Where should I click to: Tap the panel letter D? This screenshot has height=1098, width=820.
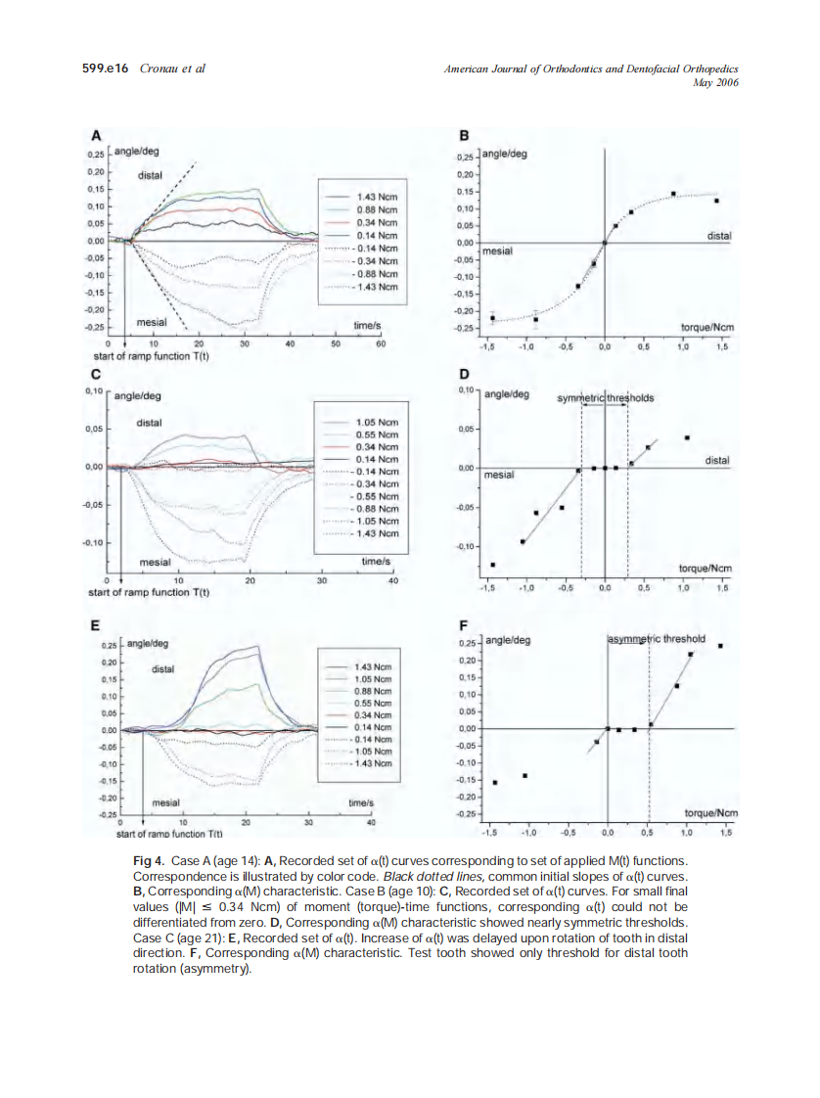[464, 374]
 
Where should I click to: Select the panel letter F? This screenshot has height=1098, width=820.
[464, 623]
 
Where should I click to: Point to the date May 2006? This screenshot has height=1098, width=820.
[714, 83]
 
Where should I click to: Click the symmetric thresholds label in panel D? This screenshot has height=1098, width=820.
[606, 398]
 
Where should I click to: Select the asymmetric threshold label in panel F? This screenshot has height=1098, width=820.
[657, 639]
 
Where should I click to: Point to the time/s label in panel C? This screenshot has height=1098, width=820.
[376, 562]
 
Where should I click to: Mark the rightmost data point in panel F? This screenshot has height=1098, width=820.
[721, 646]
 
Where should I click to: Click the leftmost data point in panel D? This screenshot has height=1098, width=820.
[492, 565]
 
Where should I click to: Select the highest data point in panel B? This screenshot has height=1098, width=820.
[673, 194]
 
